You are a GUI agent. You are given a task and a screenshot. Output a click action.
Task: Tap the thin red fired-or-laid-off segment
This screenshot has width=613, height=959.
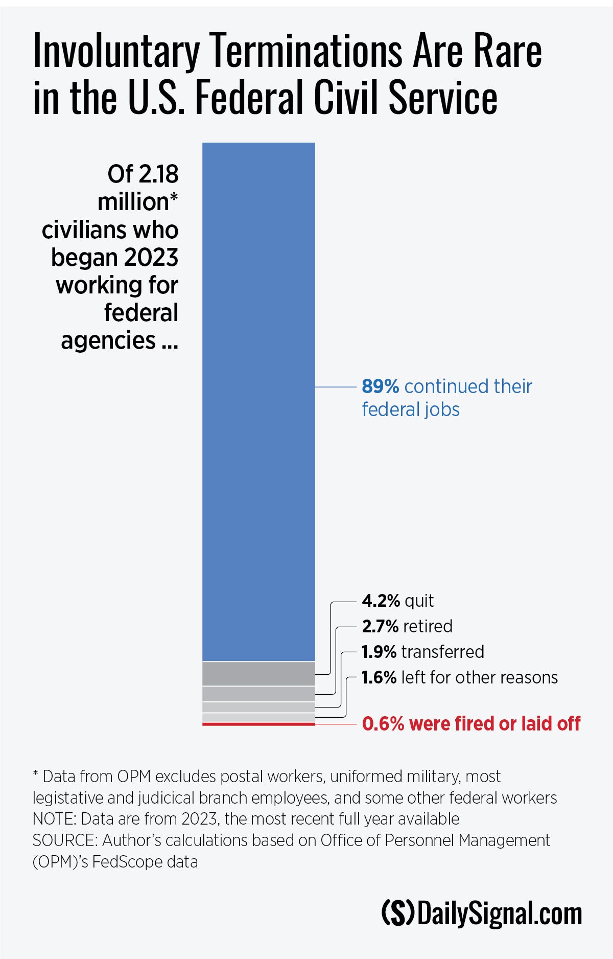click(258, 724)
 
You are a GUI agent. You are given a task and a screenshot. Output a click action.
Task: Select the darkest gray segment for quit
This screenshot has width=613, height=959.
click(258, 674)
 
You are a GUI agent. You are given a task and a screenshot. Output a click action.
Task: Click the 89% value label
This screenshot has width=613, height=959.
click(380, 386)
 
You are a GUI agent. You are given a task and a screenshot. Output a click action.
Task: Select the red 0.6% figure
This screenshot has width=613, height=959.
click(383, 724)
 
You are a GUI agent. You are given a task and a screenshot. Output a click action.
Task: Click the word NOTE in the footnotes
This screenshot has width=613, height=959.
click(54, 819)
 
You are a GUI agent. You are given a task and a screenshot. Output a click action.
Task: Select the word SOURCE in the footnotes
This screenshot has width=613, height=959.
click(63, 840)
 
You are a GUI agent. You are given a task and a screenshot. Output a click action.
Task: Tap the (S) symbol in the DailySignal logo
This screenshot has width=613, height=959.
click(398, 914)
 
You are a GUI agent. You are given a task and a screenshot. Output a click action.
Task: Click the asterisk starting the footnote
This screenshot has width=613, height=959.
click(35, 774)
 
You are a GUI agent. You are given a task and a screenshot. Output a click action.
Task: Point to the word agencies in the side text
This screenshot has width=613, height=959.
click(108, 340)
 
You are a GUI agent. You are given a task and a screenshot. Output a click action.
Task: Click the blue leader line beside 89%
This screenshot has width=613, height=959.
click(335, 387)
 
